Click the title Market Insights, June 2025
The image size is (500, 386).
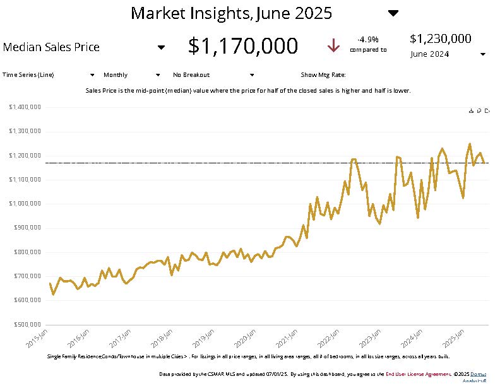pyautogui.click(x=231, y=13)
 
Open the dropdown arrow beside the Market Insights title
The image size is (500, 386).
pyautogui.click(x=393, y=13)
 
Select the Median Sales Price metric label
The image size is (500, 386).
pyautogui.click(x=51, y=47)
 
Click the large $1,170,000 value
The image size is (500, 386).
pyautogui.click(x=243, y=46)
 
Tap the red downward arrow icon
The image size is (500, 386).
pyautogui.click(x=333, y=46)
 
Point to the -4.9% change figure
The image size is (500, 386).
pyautogui.click(x=367, y=39)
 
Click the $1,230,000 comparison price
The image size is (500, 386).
pyautogui.click(x=440, y=38)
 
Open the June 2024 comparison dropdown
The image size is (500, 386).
pyautogui.click(x=482, y=54)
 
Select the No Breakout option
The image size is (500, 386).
pyautogui.click(x=191, y=74)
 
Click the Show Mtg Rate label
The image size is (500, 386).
pyautogui.click(x=323, y=74)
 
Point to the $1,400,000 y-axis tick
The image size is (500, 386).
pyautogui.click(x=25, y=107)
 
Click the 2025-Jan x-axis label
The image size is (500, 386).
pyautogui.click(x=455, y=338)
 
